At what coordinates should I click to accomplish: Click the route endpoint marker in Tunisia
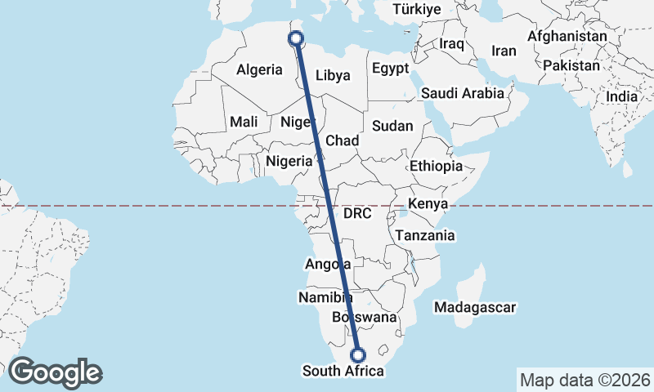click(x=296, y=38)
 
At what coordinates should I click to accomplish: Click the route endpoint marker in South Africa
click(x=357, y=354)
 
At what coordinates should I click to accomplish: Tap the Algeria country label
click(x=259, y=70)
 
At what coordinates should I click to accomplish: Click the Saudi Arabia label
click(x=463, y=93)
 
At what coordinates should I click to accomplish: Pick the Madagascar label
click(x=475, y=308)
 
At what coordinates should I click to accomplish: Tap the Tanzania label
click(x=424, y=235)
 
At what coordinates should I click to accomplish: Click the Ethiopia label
click(x=437, y=166)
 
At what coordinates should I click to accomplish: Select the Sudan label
click(x=392, y=126)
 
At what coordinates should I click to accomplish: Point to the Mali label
click(x=244, y=122)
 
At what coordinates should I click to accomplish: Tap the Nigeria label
click(x=289, y=161)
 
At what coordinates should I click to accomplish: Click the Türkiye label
click(x=417, y=9)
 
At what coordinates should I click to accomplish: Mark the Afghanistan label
click(x=567, y=37)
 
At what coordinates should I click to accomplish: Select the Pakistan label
click(x=571, y=64)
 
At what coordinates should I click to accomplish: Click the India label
click(x=621, y=96)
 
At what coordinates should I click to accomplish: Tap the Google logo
click(x=55, y=372)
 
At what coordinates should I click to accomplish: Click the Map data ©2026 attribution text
click(x=585, y=380)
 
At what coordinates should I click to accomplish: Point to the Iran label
click(x=504, y=51)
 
